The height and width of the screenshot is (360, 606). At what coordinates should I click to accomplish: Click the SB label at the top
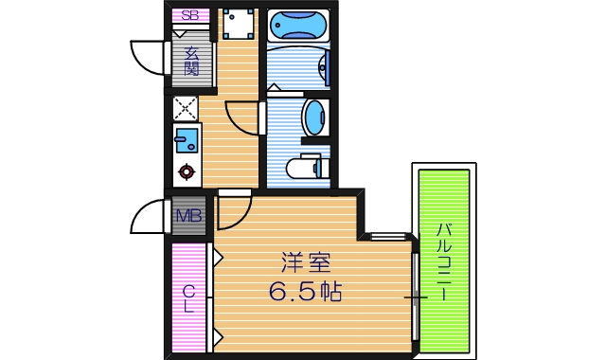pos(190,15)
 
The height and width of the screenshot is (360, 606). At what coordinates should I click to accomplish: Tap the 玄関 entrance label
pos(190,62)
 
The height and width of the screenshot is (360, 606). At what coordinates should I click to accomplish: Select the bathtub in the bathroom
pos(297,24)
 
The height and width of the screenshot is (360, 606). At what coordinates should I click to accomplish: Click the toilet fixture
pos(305,168)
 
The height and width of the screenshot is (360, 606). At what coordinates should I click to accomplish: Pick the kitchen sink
pos(186,141)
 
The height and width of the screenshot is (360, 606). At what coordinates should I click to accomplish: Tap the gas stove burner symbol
pos(186,172)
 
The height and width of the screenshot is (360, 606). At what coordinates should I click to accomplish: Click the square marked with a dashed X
pos(185,107)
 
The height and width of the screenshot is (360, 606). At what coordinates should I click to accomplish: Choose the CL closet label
pos(188,299)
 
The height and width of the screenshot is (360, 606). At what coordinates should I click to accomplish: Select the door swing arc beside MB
pos(148,217)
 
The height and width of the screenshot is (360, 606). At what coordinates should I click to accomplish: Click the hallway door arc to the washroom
pos(243,118)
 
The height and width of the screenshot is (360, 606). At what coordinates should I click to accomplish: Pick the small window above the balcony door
pos(388,236)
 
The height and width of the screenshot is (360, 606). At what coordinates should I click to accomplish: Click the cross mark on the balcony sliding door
pos(416,297)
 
